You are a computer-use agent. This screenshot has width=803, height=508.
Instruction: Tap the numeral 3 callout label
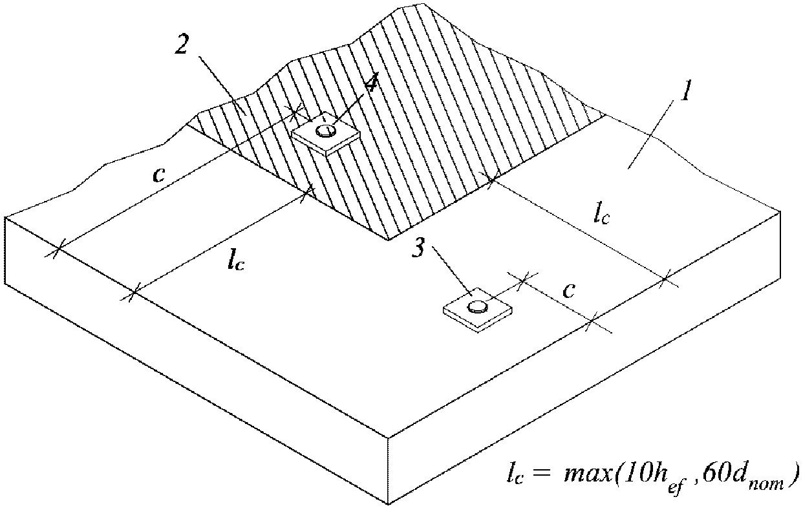point(420,250)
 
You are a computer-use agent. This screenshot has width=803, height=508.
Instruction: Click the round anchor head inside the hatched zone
point(325,131)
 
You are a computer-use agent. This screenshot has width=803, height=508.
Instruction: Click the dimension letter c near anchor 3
point(568,291)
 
